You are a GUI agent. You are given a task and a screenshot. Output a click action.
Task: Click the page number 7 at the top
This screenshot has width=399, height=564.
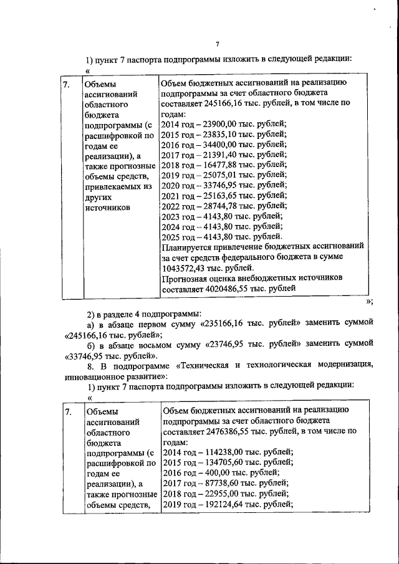[x=218, y=43]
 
